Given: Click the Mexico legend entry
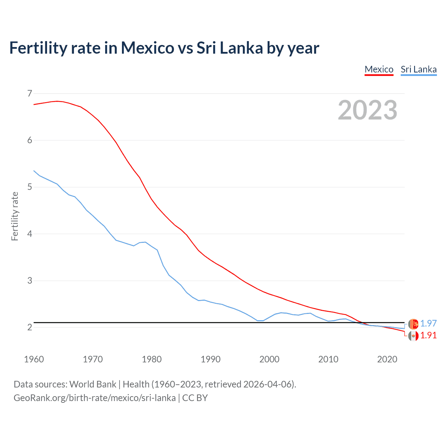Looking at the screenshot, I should click(x=379, y=69).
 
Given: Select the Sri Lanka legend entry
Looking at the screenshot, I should click(x=418, y=69).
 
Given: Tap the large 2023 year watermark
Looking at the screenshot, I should click(x=367, y=110).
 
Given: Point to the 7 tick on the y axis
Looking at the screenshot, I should click(x=30, y=93).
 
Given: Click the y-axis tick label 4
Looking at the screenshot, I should click(x=30, y=234).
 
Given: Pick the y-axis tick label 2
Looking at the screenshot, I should click(x=30, y=327).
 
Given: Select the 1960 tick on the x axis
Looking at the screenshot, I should click(x=34, y=359).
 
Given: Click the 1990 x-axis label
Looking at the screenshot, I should click(x=210, y=359).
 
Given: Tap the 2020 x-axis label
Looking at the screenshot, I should click(x=387, y=359).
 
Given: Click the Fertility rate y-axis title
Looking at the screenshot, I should click(x=15, y=216).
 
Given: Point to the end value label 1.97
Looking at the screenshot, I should click(x=428, y=323).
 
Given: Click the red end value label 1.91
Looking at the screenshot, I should click(x=428, y=335).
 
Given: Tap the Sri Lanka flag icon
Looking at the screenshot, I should click(x=413, y=324).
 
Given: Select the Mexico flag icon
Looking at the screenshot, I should click(x=413, y=336).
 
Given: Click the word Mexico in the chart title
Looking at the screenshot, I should click(x=147, y=48).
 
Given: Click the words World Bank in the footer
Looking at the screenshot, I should click(x=93, y=384).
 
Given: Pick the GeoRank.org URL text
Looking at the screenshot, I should click(x=94, y=398).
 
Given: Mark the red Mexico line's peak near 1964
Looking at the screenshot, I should click(x=57, y=101).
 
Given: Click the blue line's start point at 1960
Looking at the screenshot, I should click(x=34, y=171).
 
